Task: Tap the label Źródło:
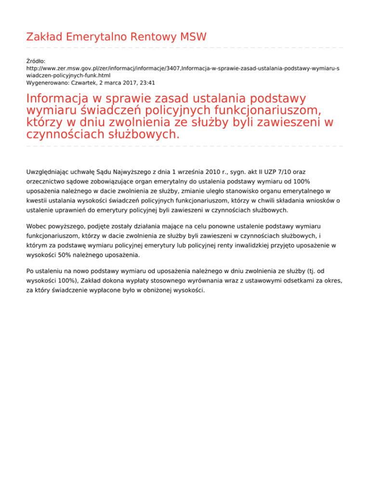[36, 61]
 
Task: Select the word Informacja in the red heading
[60, 99]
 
